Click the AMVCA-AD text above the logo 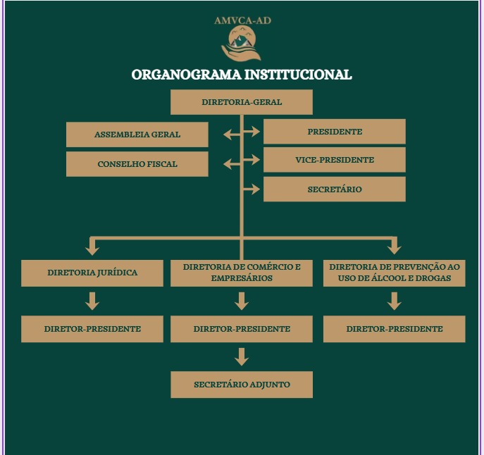click(242, 20)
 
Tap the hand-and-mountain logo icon click(242, 44)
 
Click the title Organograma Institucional click(242, 75)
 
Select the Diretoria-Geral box click(242, 102)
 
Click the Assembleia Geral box click(137, 135)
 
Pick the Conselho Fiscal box click(137, 164)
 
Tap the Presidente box click(335, 132)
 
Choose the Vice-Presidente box click(335, 160)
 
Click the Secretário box click(335, 189)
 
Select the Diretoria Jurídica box click(92, 273)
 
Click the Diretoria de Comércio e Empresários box click(242, 273)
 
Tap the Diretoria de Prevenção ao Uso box click(395, 273)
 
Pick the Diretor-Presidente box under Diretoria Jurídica click(92, 329)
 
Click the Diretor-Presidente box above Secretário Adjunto click(242, 329)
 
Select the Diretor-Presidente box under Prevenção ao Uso click(395, 329)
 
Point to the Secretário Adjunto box click(242, 385)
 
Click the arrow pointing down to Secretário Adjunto click(242, 357)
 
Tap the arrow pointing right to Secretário click(251, 189)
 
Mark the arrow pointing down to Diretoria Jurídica click(92, 246)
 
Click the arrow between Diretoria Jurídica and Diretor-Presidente click(92, 301)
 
